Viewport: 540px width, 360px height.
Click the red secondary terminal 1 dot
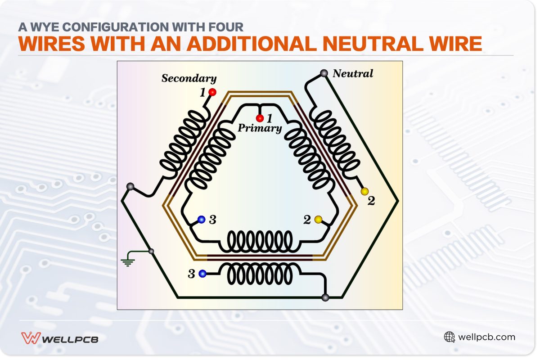(212, 92)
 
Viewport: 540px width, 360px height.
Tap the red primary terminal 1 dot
(260, 118)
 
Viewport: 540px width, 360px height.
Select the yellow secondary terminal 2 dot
(364, 192)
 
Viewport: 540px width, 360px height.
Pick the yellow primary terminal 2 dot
(318, 220)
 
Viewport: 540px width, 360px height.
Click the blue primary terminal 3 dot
(202, 220)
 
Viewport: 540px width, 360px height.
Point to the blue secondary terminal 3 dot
(202, 273)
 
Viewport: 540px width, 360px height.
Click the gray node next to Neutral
(324, 73)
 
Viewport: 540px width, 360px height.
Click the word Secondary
(189, 78)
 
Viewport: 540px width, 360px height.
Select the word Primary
(260, 128)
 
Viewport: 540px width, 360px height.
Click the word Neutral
(353, 73)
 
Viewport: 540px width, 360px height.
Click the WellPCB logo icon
(31, 338)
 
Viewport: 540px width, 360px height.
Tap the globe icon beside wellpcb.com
(449, 337)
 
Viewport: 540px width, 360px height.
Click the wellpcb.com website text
(486, 337)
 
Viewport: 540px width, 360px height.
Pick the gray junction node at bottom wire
(325, 297)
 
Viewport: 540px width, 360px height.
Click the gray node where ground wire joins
(151, 251)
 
